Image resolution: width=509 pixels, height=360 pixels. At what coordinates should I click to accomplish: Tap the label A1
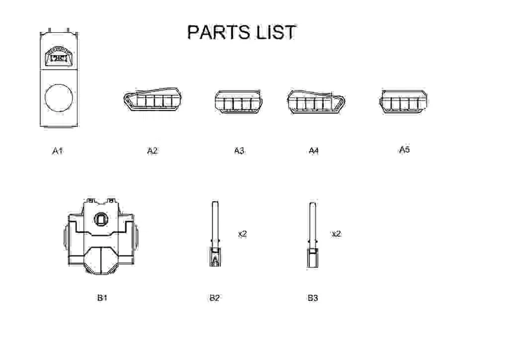(57, 151)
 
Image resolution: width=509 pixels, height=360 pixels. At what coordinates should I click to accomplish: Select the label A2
(152, 151)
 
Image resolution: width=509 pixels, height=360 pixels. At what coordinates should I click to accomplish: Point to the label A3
(239, 151)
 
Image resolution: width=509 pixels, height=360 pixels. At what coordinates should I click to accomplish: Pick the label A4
(313, 151)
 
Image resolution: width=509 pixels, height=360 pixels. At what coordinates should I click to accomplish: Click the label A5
(404, 150)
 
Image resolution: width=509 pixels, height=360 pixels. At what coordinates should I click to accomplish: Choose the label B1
(102, 298)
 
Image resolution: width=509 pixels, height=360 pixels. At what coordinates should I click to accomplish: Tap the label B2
(214, 298)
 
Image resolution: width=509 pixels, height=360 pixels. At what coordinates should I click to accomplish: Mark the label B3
(312, 298)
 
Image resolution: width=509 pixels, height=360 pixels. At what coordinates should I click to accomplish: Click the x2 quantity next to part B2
(242, 234)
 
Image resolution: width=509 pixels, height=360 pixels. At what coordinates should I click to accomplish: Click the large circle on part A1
(59, 98)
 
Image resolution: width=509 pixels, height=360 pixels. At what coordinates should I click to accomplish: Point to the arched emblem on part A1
(59, 56)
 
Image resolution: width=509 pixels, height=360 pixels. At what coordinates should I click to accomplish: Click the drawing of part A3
(237, 103)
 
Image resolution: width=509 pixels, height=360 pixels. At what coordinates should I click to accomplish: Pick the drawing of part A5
(404, 103)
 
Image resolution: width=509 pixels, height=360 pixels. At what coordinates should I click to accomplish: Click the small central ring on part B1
(102, 219)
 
